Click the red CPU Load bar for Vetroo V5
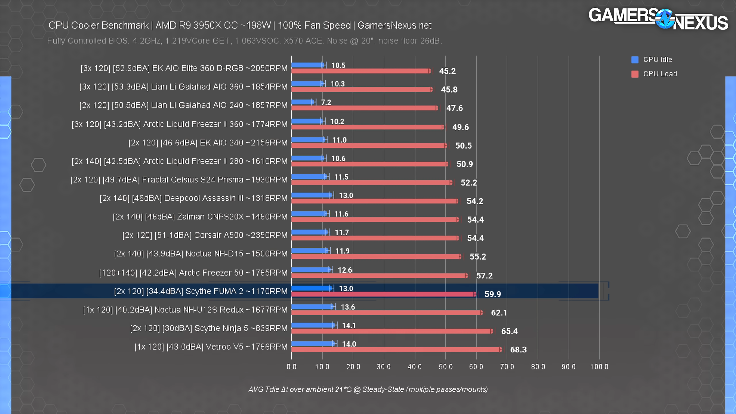[x=396, y=349]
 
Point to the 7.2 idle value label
[x=326, y=102]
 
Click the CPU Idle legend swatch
[x=635, y=59]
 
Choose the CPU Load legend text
[x=660, y=74]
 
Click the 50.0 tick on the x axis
[x=445, y=367]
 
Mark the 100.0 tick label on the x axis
[x=599, y=367]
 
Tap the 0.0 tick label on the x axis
[x=291, y=367]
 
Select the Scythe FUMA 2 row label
[x=200, y=291]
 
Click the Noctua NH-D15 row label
[x=200, y=254]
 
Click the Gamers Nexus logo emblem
[x=665, y=19]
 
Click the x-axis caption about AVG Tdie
[x=368, y=389]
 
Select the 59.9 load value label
[x=493, y=294]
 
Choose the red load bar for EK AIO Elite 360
[x=361, y=71]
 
